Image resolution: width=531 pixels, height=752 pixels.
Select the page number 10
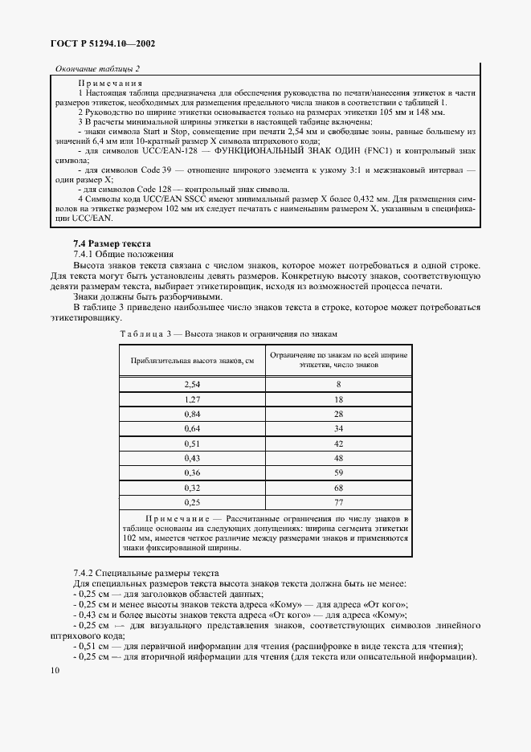point(55,669)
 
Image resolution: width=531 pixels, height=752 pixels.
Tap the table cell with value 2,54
point(192,386)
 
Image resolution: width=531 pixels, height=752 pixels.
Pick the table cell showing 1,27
point(192,399)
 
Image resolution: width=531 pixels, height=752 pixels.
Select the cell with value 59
point(338,472)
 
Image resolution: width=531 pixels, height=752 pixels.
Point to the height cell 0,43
point(192,457)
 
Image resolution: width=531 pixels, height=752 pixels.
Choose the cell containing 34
point(338,428)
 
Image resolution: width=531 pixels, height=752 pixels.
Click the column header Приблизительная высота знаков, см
point(192,360)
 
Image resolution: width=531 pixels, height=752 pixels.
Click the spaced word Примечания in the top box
point(110,84)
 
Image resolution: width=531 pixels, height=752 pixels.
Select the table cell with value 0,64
point(192,428)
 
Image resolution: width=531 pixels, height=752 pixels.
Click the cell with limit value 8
point(338,386)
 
